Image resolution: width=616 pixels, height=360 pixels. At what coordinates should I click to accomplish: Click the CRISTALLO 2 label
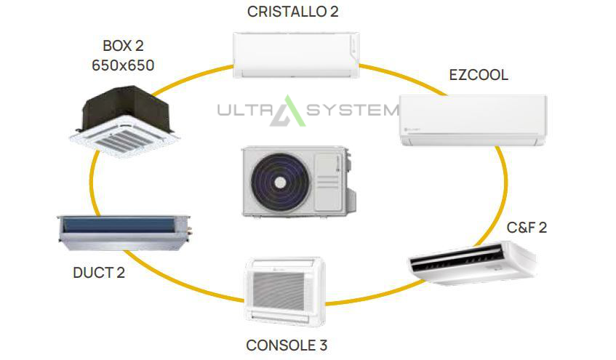[292, 12]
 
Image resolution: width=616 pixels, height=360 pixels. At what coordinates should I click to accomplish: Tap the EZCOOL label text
[479, 75]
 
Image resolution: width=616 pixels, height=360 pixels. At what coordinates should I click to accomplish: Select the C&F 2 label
[527, 228]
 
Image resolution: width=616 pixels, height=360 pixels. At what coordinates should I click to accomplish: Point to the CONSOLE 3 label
[287, 345]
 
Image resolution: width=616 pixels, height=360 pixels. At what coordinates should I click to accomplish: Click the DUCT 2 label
[99, 273]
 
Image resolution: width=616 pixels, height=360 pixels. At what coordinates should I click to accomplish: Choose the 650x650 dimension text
[123, 65]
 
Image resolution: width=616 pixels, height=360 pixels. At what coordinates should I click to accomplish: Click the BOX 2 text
[123, 46]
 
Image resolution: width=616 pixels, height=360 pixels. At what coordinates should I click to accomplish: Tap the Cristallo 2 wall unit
[296, 55]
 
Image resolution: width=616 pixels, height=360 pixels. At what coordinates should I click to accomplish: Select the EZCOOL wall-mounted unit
[473, 120]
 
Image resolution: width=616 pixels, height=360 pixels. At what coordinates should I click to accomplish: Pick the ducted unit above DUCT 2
[124, 233]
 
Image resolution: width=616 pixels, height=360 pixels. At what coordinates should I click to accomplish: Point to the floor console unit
[284, 292]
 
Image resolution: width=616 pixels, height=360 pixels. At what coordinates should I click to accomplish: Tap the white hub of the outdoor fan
[280, 183]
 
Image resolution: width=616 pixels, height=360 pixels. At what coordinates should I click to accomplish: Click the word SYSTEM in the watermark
[353, 110]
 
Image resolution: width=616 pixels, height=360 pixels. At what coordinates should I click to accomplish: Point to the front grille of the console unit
[279, 290]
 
